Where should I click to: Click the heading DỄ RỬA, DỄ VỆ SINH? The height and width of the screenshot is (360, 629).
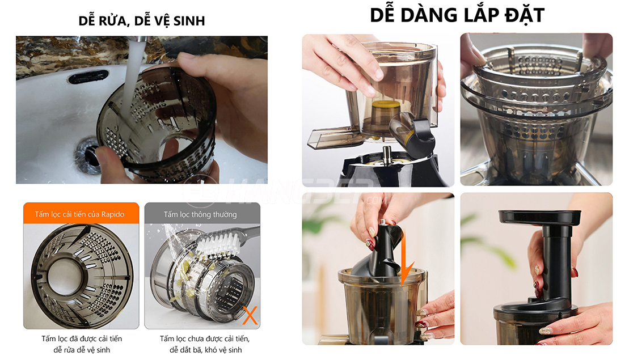pyautogui.click(x=142, y=20)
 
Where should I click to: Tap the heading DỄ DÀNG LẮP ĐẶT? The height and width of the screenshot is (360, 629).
pyautogui.click(x=457, y=15)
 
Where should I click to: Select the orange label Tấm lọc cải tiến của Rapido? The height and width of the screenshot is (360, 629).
pyautogui.click(x=80, y=214)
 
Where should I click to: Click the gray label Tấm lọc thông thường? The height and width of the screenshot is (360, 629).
pyautogui.click(x=200, y=214)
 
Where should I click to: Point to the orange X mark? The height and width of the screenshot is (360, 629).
pyautogui.click(x=250, y=316)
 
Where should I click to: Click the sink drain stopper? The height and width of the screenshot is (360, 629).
pyautogui.click(x=88, y=155)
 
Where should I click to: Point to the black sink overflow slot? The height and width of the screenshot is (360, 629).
pyautogui.click(x=88, y=76)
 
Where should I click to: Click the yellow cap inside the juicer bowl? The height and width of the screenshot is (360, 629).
pyautogui.click(x=386, y=111)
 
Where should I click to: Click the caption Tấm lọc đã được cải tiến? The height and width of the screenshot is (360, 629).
pyautogui.click(x=82, y=338)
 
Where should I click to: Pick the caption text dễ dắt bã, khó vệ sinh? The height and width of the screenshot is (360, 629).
pyautogui.click(x=205, y=350)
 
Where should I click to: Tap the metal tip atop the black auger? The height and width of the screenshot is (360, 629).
pyautogui.click(x=383, y=222)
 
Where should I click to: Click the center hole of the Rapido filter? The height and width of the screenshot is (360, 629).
pyautogui.click(x=66, y=277)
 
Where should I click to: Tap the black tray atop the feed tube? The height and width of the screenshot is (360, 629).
pyautogui.click(x=539, y=217)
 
